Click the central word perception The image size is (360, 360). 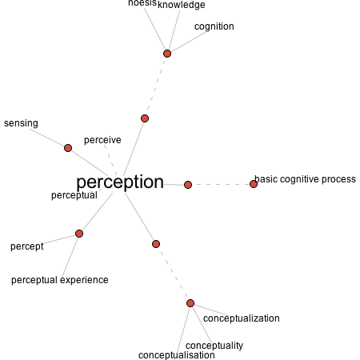(x=120, y=182)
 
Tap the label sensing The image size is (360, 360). (x=21, y=123)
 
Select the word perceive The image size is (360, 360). (x=102, y=140)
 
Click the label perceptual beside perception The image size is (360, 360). (x=74, y=195)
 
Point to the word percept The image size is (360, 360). (x=27, y=246)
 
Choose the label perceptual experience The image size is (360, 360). (x=60, y=280)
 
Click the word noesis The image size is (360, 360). (x=142, y=3)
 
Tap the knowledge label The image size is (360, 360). (x=182, y=5)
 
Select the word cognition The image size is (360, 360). (x=214, y=26)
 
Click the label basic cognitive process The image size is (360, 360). (x=305, y=179)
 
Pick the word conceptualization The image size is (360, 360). (x=242, y=318)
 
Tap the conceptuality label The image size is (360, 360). (x=214, y=346)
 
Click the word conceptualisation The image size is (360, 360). (x=177, y=355)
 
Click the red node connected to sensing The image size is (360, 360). (x=68, y=148)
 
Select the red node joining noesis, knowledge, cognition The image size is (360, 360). (x=167, y=54)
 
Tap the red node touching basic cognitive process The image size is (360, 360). (x=254, y=184)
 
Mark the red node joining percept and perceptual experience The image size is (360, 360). (x=79, y=234)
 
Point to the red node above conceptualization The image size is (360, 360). (x=190, y=303)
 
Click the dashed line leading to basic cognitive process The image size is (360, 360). (x=221, y=184)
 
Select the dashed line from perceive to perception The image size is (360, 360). (x=110, y=160)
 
